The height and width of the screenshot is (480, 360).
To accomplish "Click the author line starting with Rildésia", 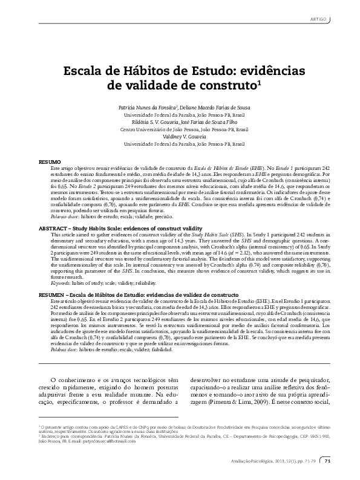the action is coord(180,121).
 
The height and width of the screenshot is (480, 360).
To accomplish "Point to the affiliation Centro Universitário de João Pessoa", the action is coord(180,129).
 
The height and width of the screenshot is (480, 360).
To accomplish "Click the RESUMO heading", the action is coord(50,163).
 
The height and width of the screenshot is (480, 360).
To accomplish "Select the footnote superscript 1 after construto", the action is coord(259,82).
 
